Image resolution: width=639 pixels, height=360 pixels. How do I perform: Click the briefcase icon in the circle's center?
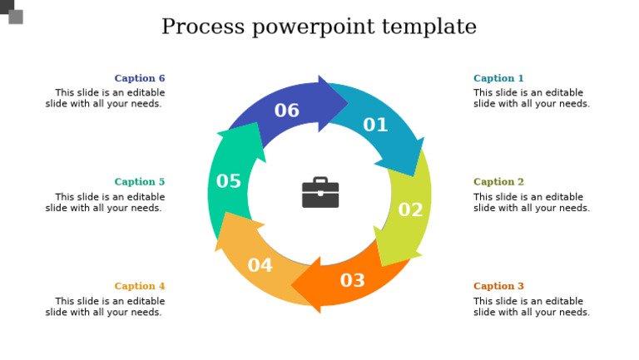(320, 193)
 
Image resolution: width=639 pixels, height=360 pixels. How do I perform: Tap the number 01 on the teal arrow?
(375, 126)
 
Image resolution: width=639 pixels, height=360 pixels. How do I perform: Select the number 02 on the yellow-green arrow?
(410, 210)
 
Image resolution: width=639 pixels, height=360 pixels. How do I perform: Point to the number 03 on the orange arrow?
(353, 281)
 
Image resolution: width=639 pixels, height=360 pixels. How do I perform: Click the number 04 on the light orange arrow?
(260, 266)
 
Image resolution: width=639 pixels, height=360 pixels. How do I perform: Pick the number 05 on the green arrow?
(229, 182)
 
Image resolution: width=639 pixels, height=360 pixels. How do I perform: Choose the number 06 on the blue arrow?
(287, 111)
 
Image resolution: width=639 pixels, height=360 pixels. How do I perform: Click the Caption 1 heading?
(498, 79)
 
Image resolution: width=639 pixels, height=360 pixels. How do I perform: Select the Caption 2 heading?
(498, 182)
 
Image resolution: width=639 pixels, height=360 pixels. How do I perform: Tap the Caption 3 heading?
(498, 287)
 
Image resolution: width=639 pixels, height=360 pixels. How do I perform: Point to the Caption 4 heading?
(140, 287)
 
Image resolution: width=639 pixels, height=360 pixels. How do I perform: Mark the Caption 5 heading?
(140, 182)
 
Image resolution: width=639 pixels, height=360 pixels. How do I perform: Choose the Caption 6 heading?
(140, 79)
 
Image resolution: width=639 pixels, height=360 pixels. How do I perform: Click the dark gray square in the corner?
(6, 6)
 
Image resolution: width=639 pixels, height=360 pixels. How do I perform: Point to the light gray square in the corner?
(16, 17)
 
